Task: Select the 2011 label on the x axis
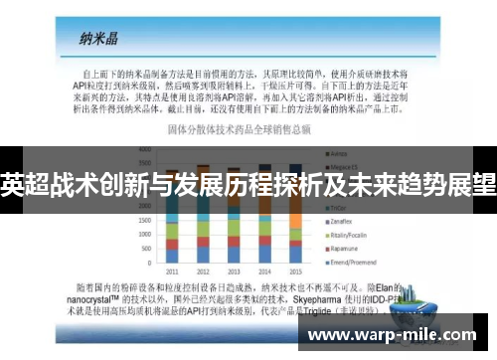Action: click(x=171, y=271)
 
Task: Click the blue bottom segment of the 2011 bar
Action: click(x=171, y=256)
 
